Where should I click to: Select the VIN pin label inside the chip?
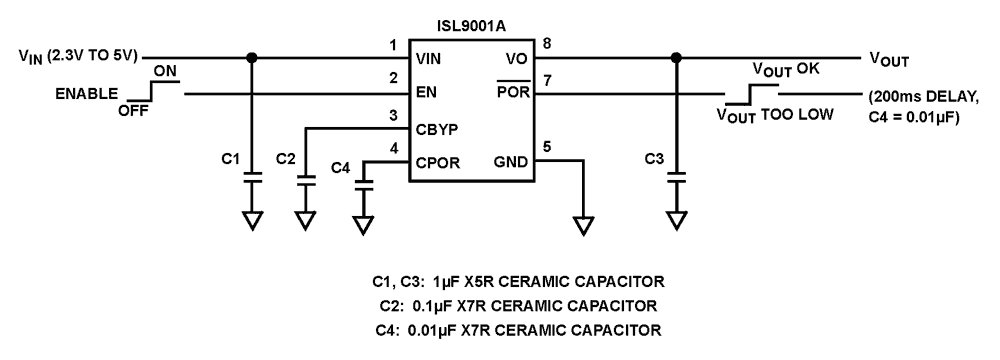(430, 59)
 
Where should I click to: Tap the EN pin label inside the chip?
(425, 94)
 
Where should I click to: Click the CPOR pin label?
(437, 164)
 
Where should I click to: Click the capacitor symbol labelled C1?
(253, 177)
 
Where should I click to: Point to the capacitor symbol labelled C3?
(677, 177)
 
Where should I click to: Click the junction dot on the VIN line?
(253, 58)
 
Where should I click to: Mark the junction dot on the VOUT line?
(677, 58)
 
